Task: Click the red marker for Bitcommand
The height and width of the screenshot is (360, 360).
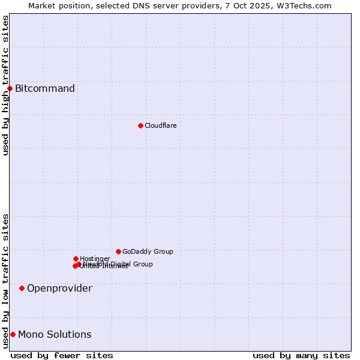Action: click(10, 89)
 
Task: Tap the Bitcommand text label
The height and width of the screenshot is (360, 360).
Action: click(45, 89)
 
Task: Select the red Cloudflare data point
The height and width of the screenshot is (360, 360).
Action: click(140, 125)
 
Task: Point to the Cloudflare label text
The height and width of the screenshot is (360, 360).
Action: click(161, 125)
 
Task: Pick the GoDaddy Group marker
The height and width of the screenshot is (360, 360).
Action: click(118, 251)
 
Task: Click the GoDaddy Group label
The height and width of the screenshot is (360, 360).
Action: click(148, 251)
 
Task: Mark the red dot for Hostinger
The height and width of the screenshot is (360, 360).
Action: click(76, 259)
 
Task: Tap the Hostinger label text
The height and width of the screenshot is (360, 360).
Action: click(95, 259)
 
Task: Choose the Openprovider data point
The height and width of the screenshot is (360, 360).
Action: click(22, 289)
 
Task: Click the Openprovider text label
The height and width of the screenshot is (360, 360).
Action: click(59, 289)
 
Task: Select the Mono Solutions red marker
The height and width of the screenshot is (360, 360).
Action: click(13, 335)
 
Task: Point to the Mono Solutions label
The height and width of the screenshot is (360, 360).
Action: click(55, 335)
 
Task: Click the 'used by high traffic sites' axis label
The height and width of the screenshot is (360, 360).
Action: click(6, 85)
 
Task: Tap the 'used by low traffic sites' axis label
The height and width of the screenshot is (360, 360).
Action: click(6, 281)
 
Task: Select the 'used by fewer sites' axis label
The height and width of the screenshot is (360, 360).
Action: click(62, 356)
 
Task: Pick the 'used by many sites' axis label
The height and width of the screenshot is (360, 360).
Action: click(301, 356)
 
